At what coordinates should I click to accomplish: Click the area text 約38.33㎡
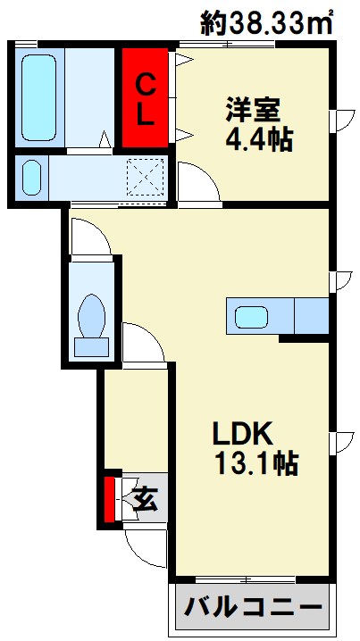(x=268, y=21)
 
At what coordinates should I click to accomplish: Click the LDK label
(x=241, y=433)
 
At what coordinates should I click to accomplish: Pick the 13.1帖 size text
(x=255, y=463)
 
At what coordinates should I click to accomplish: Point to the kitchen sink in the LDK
(x=255, y=316)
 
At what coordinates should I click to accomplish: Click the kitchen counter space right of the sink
(x=311, y=316)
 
